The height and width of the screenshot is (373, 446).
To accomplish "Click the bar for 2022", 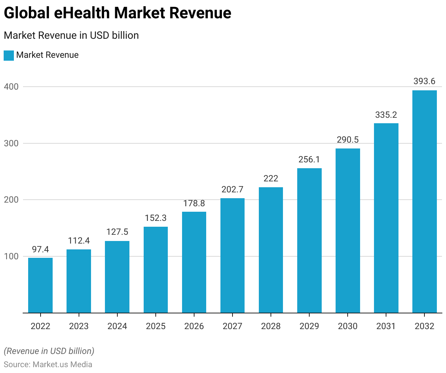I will [x=40, y=285].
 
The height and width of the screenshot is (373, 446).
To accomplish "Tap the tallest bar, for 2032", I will [x=424, y=201].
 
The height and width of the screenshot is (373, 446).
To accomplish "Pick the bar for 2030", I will [x=348, y=230].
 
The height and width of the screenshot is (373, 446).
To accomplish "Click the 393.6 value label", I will [x=424, y=81].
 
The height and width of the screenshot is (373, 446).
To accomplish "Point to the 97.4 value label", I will [x=40, y=249].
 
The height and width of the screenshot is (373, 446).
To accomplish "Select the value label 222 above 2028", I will [x=271, y=178].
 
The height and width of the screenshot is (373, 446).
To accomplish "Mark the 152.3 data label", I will [x=156, y=218].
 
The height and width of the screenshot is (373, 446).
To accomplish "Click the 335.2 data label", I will [x=386, y=115].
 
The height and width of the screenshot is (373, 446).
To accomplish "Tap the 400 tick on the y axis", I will [x=11, y=87].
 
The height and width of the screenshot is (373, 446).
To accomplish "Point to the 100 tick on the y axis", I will [x=11, y=256].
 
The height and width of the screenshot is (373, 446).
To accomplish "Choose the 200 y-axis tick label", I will [x=11, y=200].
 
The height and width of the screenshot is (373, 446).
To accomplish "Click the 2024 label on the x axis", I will [x=117, y=326].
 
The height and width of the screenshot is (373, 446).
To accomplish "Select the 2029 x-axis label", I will [x=309, y=326].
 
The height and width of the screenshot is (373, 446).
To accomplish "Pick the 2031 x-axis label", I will [x=386, y=326].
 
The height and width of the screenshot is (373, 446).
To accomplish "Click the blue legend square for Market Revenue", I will [x=9, y=55].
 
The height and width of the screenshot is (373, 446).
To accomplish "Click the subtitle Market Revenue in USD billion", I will [x=71, y=35].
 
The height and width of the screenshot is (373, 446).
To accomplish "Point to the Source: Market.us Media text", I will [x=48, y=365].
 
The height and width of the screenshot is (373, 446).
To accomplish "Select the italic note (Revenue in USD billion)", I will [x=49, y=351].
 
